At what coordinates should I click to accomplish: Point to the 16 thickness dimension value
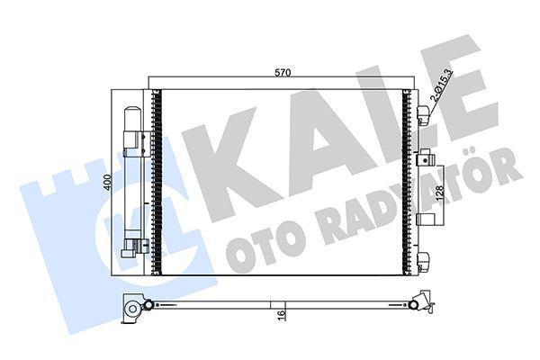[283, 316]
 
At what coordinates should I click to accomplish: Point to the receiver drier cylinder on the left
[131, 180]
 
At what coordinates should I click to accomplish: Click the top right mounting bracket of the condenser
[423, 114]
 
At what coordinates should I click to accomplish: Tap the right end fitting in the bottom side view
[419, 304]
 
